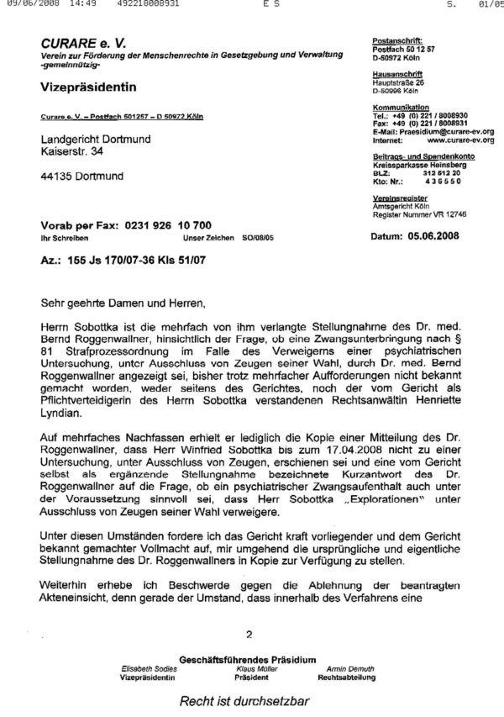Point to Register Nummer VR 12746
coord(419,215)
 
